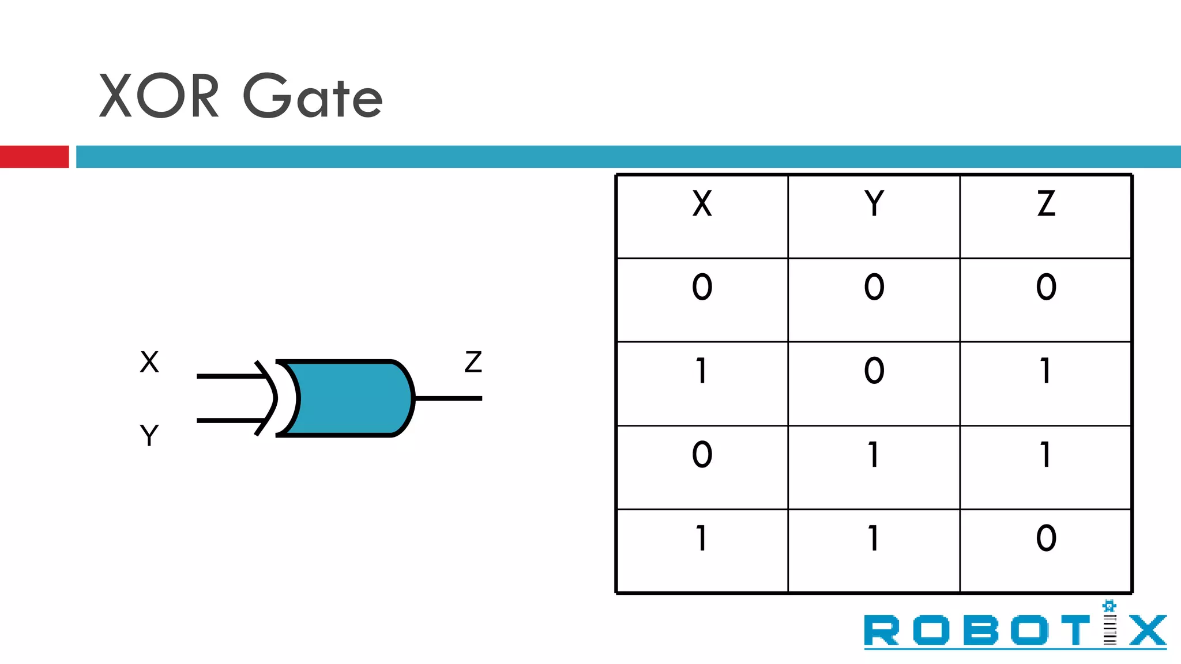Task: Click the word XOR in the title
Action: [159, 96]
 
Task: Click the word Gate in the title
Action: [313, 96]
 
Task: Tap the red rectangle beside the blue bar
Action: [34, 157]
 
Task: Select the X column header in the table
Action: [702, 204]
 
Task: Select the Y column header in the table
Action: [874, 204]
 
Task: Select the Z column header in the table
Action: [1045, 204]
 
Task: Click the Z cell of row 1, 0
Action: [1045, 371]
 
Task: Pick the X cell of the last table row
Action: [702, 538]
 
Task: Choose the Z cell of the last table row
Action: [1045, 538]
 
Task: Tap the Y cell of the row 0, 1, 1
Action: [874, 455]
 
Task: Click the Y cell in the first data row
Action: [874, 287]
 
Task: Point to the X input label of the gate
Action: [149, 362]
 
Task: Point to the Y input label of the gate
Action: [149, 435]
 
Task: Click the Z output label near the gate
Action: [473, 362]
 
